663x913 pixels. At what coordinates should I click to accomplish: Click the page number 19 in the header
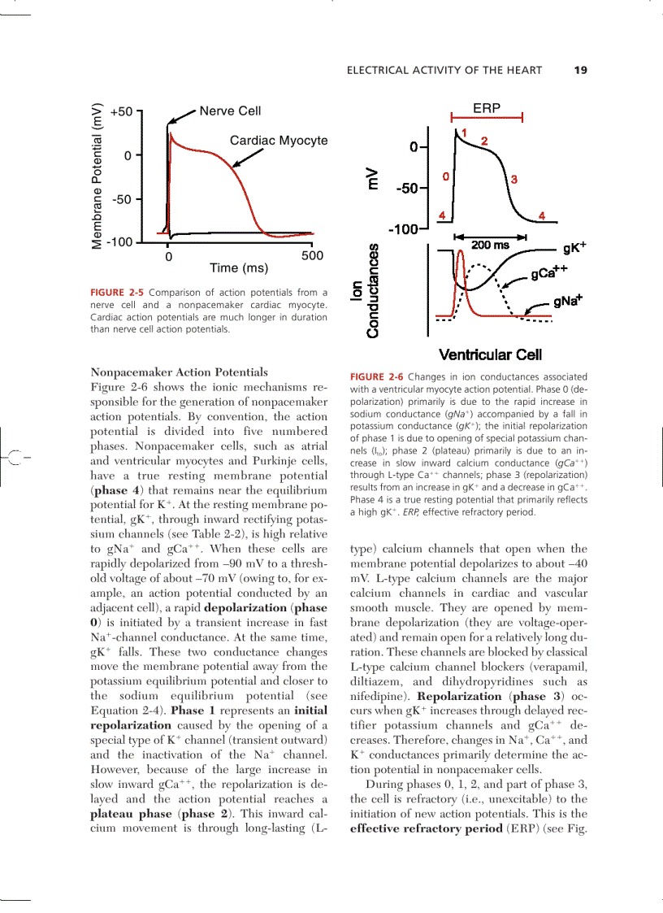click(x=579, y=70)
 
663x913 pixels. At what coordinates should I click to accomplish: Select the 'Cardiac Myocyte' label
click(x=279, y=141)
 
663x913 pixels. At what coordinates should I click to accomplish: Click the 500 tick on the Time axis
click(x=312, y=255)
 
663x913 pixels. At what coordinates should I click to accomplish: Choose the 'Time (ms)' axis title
click(x=239, y=267)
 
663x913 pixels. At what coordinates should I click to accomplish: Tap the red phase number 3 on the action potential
click(x=514, y=178)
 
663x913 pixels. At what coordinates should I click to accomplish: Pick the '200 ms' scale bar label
click(x=491, y=245)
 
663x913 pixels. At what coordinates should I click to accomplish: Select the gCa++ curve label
click(x=549, y=273)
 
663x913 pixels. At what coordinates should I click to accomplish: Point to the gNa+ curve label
click(x=569, y=301)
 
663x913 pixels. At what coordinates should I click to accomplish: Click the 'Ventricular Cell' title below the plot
click(x=490, y=354)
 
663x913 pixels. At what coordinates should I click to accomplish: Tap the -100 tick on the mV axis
click(x=404, y=229)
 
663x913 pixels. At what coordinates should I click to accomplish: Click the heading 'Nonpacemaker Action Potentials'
click(x=179, y=372)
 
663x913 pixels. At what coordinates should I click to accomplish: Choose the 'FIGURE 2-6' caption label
click(x=376, y=377)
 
